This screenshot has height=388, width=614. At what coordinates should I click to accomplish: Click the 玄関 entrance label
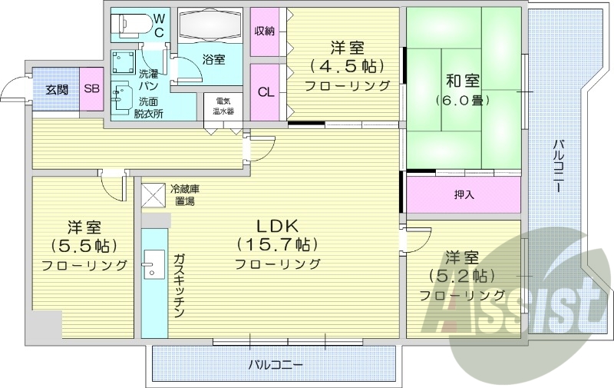coord(56,89)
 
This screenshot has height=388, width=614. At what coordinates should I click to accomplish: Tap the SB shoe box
coord(91,89)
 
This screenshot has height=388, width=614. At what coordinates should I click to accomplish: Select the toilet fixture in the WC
coord(130,25)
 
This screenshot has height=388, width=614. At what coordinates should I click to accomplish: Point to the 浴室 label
coord(213,59)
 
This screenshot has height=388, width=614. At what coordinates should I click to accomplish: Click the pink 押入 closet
coord(464,194)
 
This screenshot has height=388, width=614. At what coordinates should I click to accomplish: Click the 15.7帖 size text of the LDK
coord(278,245)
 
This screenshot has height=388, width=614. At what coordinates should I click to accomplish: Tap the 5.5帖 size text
coord(84,247)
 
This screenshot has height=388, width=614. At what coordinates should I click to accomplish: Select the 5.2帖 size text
coord(462,276)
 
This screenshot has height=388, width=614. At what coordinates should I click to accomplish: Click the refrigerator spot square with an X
coord(153,194)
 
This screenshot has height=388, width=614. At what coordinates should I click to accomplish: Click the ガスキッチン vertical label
coord(177,285)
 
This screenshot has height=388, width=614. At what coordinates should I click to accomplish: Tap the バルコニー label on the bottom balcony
coord(275,363)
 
